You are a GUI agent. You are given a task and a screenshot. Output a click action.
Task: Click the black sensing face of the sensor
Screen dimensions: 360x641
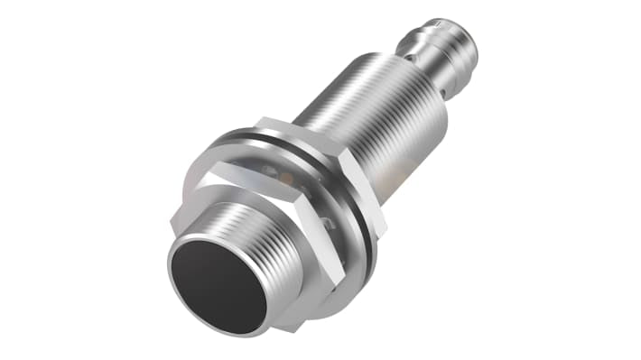(217, 283)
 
